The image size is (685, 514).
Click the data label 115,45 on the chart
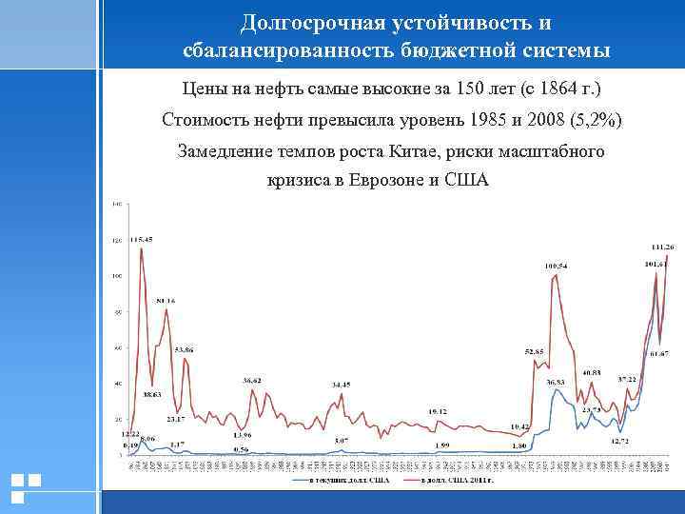[142, 238]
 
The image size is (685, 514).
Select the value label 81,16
[166, 301]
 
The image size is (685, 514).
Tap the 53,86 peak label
[185, 349]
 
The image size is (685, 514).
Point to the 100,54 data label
[557, 265]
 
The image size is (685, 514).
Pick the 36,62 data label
[252, 380]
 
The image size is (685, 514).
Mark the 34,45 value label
[342, 384]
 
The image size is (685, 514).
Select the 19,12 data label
[438, 410]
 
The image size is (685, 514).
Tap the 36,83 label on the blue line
[556, 382]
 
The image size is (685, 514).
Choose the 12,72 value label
[620, 441]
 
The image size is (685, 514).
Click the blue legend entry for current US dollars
[338, 481]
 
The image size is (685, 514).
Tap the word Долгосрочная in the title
[303, 22]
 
